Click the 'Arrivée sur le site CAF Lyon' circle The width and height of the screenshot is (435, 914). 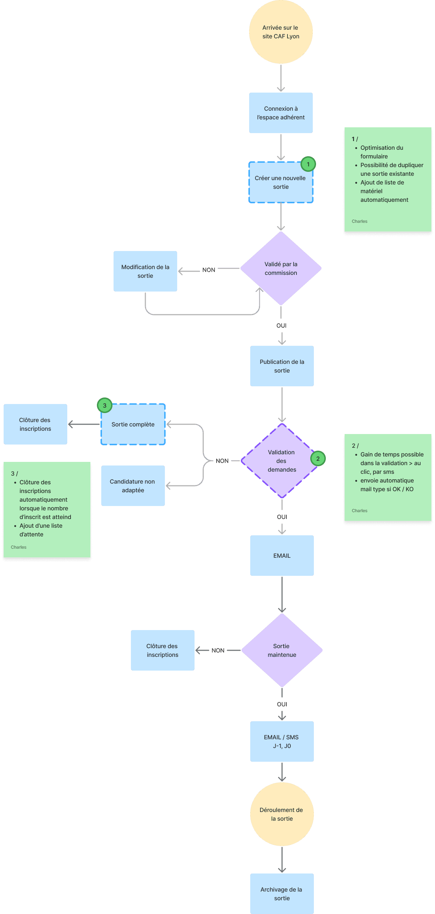tap(281, 32)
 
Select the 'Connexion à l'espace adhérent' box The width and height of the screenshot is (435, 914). tap(281, 113)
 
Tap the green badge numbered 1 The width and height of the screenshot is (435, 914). tap(308, 164)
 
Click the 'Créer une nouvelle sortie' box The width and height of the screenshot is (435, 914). tap(281, 182)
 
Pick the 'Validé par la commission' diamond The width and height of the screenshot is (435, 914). tap(281, 268)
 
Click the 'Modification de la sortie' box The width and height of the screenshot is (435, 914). tap(145, 271)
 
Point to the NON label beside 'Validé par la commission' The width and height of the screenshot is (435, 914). tap(209, 270)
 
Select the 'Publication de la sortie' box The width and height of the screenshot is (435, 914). tap(282, 366)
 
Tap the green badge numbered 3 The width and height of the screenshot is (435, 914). tap(105, 405)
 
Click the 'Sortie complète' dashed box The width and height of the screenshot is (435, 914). tap(133, 424)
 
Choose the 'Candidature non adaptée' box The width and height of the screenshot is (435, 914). tap(133, 486)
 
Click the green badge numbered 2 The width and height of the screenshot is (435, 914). tap(318, 459)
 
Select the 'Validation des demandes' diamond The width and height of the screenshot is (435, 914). tap(282, 461)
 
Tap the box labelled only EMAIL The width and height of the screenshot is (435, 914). tap(282, 556)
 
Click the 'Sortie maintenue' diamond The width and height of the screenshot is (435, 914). tap(282, 650)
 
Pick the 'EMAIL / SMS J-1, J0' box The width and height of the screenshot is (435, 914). tap(282, 741)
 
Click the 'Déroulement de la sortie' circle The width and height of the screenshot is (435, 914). tap(282, 814)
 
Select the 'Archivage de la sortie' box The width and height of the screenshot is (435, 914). tap(282, 894)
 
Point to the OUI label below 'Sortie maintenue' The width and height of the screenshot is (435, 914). tap(282, 704)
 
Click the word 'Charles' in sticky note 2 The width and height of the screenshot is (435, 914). tap(359, 511)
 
